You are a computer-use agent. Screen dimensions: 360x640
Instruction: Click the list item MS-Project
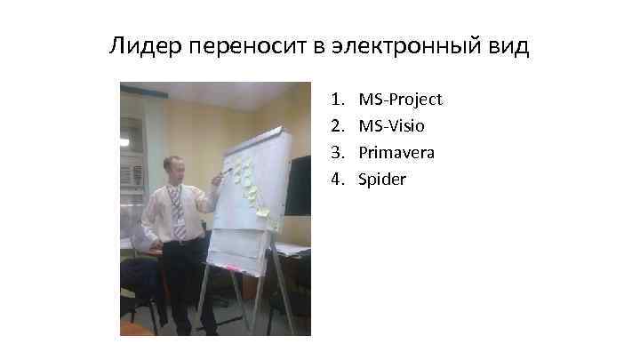pyautogui.click(x=400, y=100)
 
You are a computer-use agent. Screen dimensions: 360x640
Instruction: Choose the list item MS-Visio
pyautogui.click(x=391, y=126)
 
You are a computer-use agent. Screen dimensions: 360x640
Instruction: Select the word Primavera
pyautogui.click(x=396, y=153)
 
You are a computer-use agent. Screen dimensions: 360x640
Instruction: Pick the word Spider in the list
pyautogui.click(x=382, y=180)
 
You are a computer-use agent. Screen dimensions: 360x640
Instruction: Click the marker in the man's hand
pyautogui.click(x=224, y=170)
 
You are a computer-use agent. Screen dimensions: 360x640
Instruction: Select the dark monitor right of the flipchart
pyautogui.click(x=297, y=185)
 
